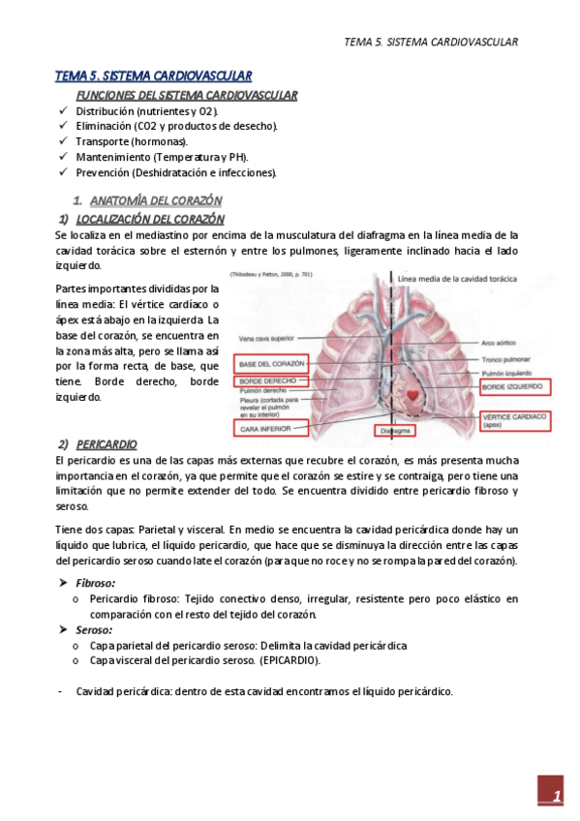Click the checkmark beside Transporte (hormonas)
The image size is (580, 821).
[x=63, y=141]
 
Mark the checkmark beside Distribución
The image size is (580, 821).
[x=63, y=110]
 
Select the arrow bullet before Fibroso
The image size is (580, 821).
[x=63, y=583]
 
